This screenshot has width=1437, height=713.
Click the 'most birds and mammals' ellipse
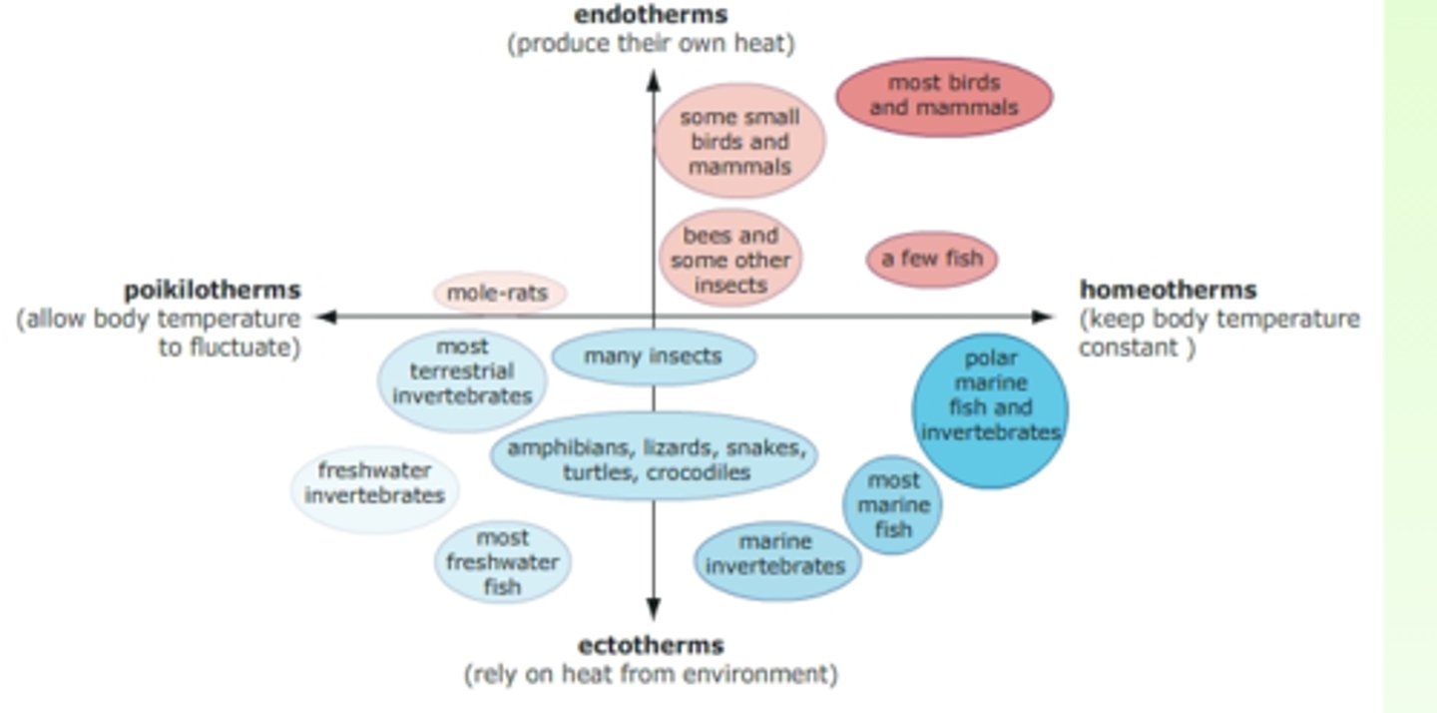point(943,96)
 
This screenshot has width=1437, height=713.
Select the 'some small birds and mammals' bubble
point(739,141)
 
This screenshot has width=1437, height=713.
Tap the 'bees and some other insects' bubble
point(730,260)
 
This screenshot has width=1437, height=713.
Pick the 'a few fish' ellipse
point(931,259)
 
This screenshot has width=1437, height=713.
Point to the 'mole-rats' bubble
point(500,294)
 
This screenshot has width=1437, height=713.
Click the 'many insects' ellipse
point(654,356)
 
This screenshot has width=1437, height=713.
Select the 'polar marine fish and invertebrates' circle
point(990,408)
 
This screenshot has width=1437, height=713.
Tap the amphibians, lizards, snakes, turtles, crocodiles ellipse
point(654,458)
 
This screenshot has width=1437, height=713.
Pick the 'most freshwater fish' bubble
point(502,563)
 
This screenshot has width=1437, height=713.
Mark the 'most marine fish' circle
point(892,505)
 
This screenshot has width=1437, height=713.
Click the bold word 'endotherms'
point(651,15)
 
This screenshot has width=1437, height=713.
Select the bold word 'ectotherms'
point(651,645)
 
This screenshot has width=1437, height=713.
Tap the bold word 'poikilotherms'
point(212,291)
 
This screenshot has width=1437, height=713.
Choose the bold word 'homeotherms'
point(1168,291)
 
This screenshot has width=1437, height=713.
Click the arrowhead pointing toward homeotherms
point(1044,318)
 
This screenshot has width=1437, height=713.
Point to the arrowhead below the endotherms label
point(654,80)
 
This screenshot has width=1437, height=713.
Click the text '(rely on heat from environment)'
point(651,675)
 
